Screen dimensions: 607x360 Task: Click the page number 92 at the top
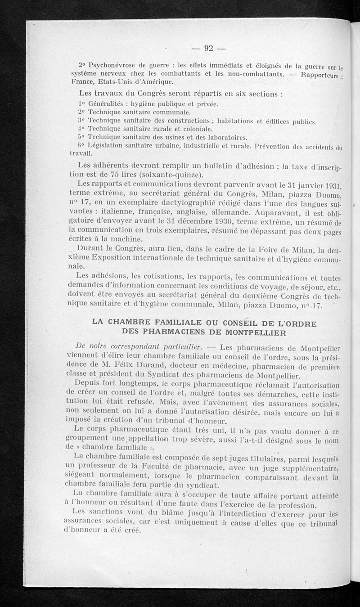[x=208, y=48]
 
